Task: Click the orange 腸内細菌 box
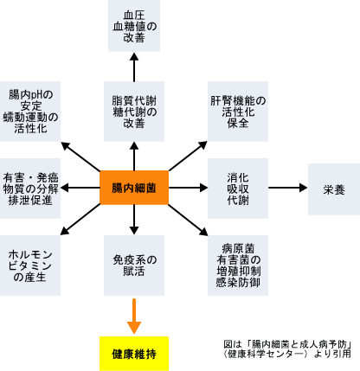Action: [x=134, y=188]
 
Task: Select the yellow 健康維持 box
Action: [x=134, y=354]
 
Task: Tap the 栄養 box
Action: [x=334, y=189]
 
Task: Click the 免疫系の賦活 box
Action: [x=134, y=265]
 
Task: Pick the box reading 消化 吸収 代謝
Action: [x=238, y=189]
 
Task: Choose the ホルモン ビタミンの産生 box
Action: [x=30, y=265]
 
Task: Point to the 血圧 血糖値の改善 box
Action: [x=134, y=26]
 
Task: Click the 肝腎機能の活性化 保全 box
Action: [x=238, y=112]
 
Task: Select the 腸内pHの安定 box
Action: [x=30, y=112]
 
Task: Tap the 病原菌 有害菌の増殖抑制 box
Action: [x=238, y=265]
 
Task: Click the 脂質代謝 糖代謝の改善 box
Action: [x=134, y=112]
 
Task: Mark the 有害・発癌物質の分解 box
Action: [x=30, y=189]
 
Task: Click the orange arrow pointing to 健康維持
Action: [x=134, y=317]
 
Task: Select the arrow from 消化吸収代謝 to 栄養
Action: [x=288, y=188]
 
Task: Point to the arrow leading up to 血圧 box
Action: [x=134, y=67]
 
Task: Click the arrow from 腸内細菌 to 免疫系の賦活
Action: [x=134, y=220]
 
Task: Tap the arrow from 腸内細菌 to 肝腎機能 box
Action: [x=188, y=156]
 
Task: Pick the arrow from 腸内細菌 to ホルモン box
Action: [x=80, y=220]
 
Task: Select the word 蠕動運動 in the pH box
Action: [x=25, y=118]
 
